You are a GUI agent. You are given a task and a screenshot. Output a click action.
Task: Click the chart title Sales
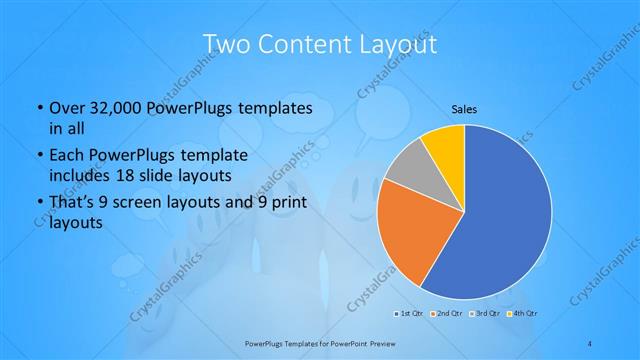click(x=464, y=108)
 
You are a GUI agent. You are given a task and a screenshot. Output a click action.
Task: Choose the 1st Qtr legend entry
click(x=409, y=314)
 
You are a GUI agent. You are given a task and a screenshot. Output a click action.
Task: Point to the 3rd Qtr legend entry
click(x=485, y=314)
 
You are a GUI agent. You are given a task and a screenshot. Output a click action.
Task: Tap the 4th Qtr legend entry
click(x=524, y=314)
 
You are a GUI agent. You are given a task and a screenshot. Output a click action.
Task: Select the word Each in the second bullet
click(x=67, y=156)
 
